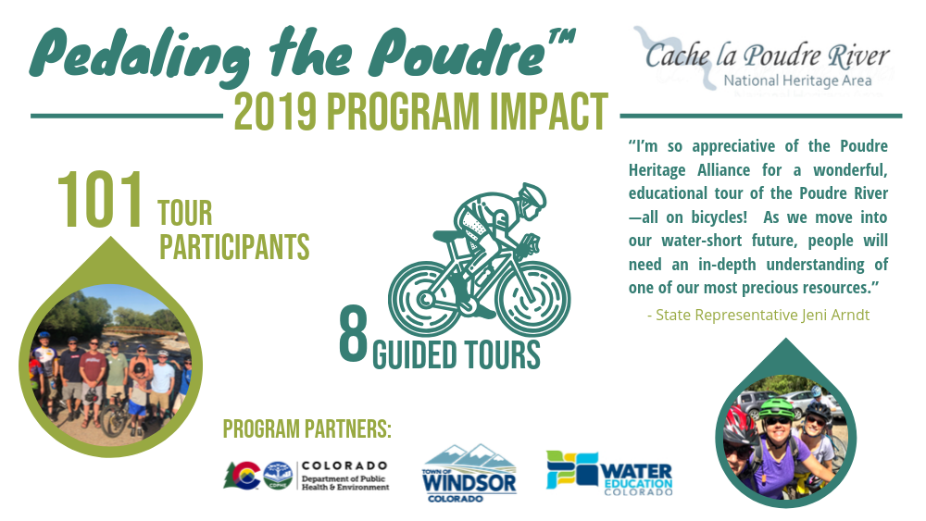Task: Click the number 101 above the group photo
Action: [x=100, y=200]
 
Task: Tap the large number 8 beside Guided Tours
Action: [x=353, y=335]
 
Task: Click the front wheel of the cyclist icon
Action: [x=533, y=299]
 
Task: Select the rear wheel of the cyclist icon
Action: [x=426, y=299]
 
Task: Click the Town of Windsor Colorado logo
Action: [x=469, y=474]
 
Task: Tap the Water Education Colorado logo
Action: [x=609, y=473]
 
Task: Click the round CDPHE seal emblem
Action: [x=278, y=476]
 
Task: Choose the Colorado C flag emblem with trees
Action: [x=242, y=476]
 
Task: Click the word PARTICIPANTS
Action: [x=234, y=247]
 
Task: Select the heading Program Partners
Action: [x=307, y=429]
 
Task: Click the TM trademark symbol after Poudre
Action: [x=562, y=40]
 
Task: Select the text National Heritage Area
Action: [x=798, y=81]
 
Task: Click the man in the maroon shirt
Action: [x=93, y=378]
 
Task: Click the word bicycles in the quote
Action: [x=720, y=217]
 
